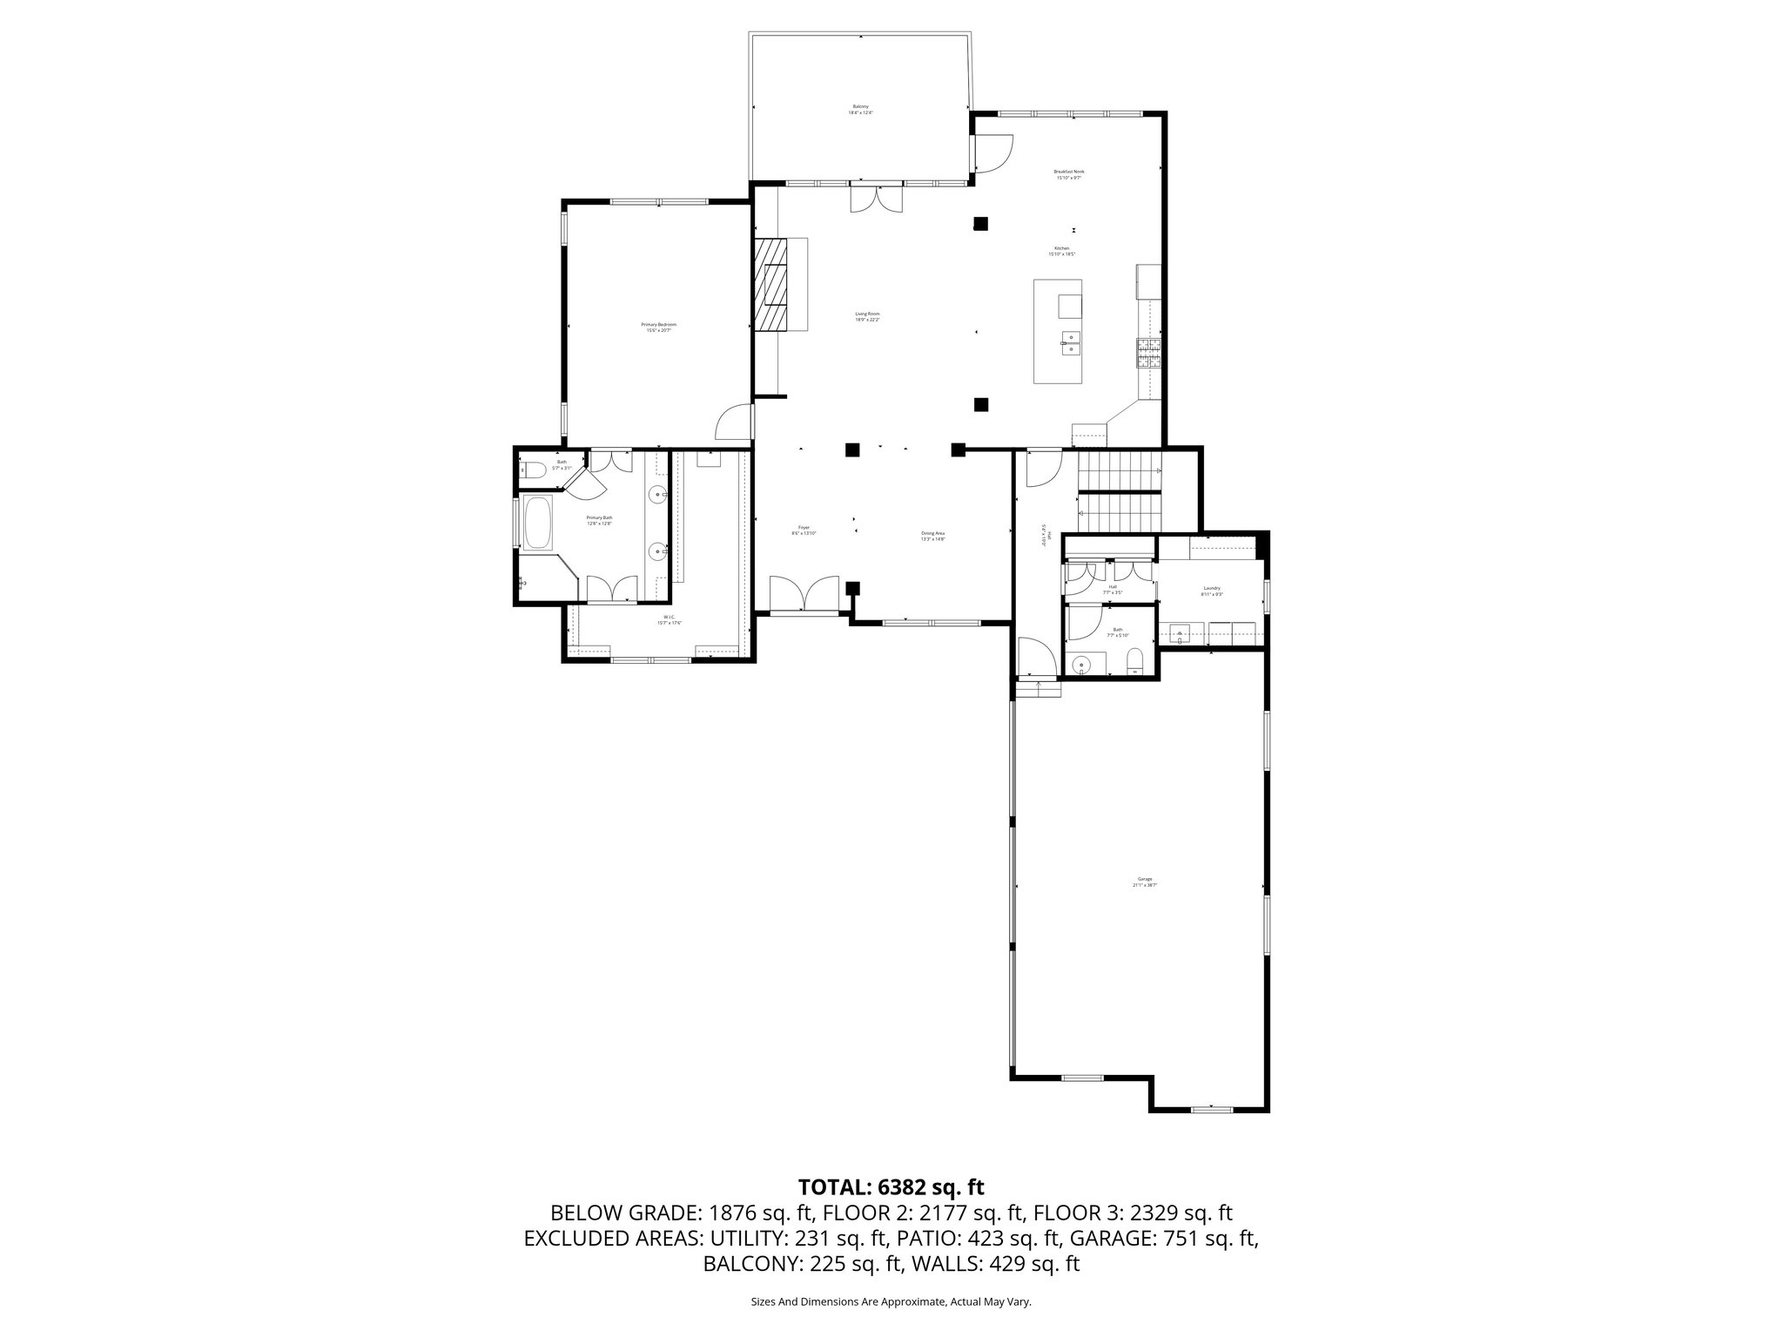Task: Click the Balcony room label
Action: click(x=860, y=110)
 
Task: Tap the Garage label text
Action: click(x=1144, y=882)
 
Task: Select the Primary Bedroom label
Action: click(x=660, y=328)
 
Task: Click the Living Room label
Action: click(x=867, y=316)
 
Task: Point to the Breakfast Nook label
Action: click(x=1069, y=174)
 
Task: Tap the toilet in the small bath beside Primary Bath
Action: click(x=535, y=471)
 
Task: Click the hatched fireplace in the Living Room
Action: click(x=771, y=296)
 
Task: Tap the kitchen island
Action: click(x=1058, y=331)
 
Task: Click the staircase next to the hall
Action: click(x=1120, y=492)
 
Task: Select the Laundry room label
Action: click(x=1212, y=591)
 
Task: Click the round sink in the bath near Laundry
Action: click(x=1082, y=665)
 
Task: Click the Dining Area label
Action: click(x=933, y=536)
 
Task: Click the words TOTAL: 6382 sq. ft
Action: click(x=891, y=1186)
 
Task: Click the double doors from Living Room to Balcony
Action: click(x=877, y=200)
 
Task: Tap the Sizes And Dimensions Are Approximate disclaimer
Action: click(x=891, y=1301)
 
